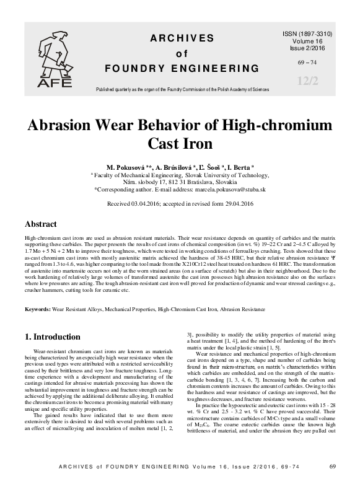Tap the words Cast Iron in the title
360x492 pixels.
[180, 144]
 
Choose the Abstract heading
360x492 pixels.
[41, 224]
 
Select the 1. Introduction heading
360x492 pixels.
[53, 337]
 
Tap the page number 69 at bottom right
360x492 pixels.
[332, 483]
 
